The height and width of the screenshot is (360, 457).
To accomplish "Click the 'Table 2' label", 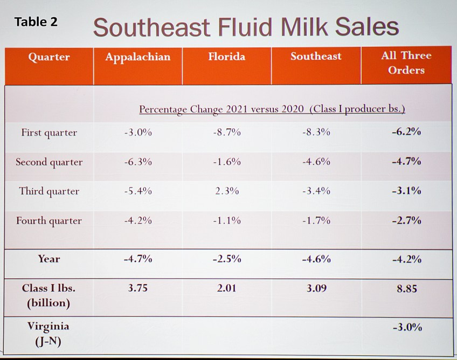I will tap(36, 22).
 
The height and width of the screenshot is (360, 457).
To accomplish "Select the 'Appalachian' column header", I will tap(138, 57).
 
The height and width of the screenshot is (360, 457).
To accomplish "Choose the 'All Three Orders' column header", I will tap(406, 63).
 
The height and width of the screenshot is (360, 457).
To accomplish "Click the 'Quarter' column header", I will tap(49, 57).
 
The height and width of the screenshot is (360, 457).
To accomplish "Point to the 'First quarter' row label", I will tap(49, 133).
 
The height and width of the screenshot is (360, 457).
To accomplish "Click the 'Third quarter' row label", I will tap(49, 191).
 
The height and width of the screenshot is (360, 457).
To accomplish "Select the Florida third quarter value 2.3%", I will tap(227, 191).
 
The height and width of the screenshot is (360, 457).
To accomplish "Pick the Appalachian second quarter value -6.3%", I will tap(138, 162).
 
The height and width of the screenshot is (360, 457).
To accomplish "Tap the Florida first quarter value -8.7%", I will tap(227, 133).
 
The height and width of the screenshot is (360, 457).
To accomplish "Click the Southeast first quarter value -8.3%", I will tap(316, 133).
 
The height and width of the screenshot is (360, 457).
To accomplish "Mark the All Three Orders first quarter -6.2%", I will tap(406, 132).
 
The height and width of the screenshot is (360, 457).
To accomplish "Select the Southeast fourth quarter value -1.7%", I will tap(316, 220).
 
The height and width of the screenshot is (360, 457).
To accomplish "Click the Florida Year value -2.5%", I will tap(227, 259).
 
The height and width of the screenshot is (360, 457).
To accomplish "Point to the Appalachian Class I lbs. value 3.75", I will tap(138, 288).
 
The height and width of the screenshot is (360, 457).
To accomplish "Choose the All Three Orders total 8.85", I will tap(406, 288).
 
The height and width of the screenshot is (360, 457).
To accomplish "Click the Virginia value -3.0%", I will tap(406, 327).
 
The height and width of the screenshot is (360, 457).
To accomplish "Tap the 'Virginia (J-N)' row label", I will tap(49, 334).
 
